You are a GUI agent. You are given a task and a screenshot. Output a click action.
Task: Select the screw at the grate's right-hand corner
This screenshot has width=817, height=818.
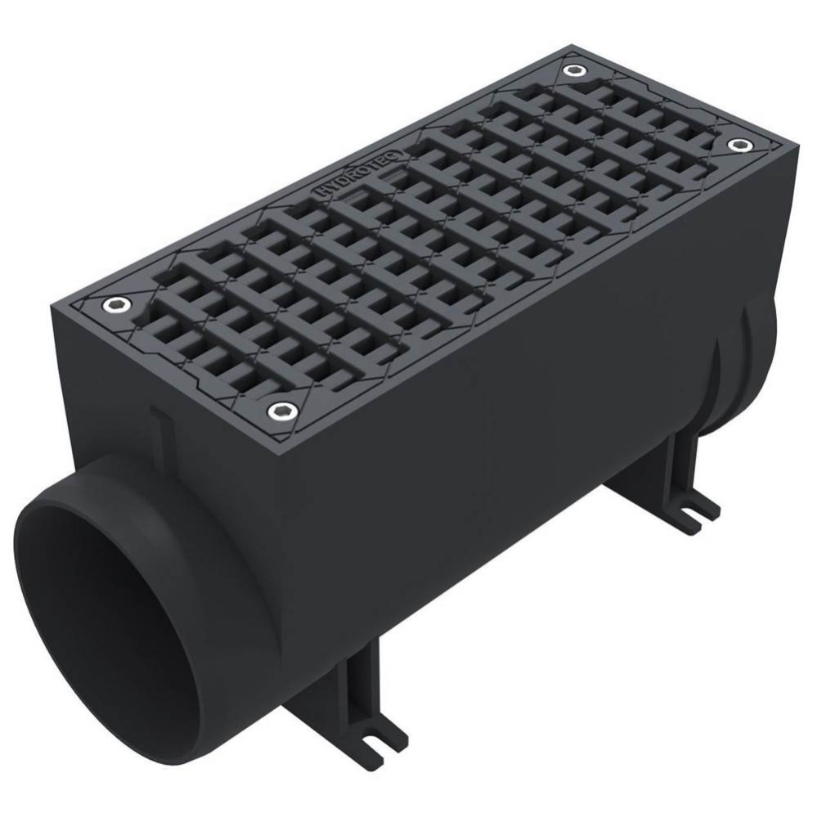pos(740,144)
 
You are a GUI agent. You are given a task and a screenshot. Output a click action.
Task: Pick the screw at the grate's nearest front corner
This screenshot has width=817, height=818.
pos(283,410)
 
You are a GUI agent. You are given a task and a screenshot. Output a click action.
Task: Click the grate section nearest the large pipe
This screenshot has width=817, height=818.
pos(245,327)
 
